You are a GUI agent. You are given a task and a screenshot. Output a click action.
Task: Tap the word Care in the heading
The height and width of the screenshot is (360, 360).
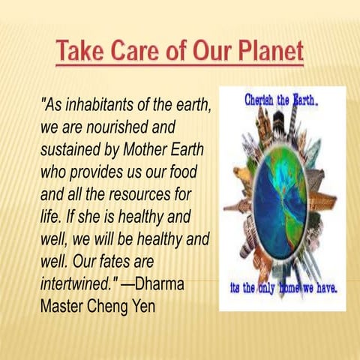(142, 53)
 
